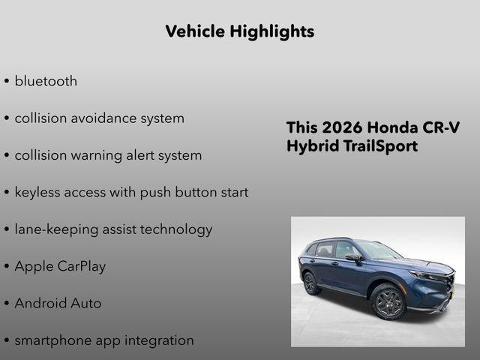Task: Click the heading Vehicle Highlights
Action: pyautogui.click(x=239, y=31)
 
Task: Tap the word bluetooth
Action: pyautogui.click(x=46, y=81)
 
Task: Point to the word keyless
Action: pyautogui.click(x=40, y=192)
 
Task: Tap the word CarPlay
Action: pyautogui.click(x=82, y=266)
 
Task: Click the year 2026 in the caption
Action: pyautogui.click(x=342, y=127)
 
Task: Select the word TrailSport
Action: pyautogui.click(x=379, y=145)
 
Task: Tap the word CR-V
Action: pyautogui.click(x=443, y=127)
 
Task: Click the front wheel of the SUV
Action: pyautogui.click(x=388, y=302)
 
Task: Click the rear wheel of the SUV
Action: pyautogui.click(x=310, y=283)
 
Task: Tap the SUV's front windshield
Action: pyautogui.click(x=378, y=250)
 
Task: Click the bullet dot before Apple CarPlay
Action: pyautogui.click(x=7, y=267)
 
